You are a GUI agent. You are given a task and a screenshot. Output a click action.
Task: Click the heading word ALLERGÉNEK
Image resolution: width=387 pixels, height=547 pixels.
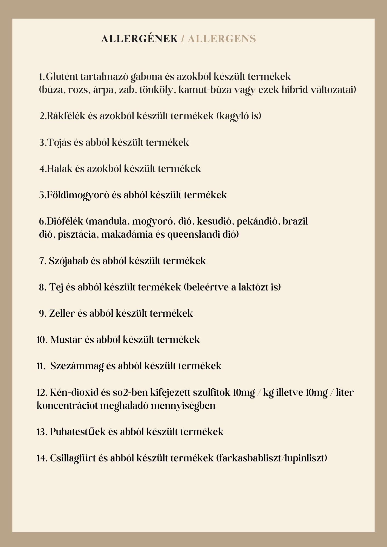pyautogui.click(x=139, y=39)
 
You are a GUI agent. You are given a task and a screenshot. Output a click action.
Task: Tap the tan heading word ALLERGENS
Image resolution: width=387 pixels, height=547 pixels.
pyautogui.click(x=222, y=39)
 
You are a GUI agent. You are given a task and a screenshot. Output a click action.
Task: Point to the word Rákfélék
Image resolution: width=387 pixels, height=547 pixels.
pyautogui.click(x=66, y=116)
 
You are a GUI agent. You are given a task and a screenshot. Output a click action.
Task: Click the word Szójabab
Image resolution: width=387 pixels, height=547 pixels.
pyautogui.click(x=68, y=261)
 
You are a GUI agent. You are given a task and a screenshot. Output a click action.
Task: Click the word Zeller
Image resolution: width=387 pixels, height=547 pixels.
pyautogui.click(x=62, y=313)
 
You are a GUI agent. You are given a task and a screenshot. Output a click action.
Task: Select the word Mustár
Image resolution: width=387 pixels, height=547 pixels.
pyautogui.click(x=66, y=340)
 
